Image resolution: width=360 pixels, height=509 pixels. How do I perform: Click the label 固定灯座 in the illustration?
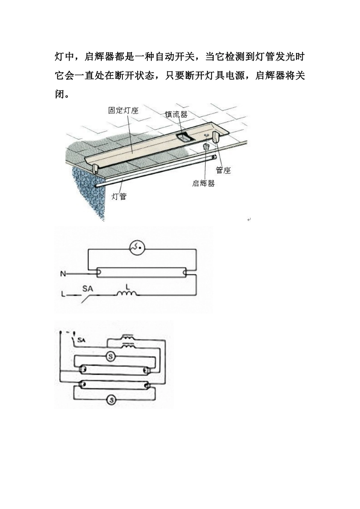(123, 111)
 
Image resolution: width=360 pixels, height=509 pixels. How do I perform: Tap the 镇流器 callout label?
(176, 114)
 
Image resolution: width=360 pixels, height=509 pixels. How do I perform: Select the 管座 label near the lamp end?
(223, 170)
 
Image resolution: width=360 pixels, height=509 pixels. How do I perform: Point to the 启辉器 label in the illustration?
(203, 183)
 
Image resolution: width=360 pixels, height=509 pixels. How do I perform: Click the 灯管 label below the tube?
(119, 197)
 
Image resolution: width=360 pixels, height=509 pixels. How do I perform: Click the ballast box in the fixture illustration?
(185, 137)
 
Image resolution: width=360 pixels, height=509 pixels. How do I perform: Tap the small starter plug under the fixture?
(207, 147)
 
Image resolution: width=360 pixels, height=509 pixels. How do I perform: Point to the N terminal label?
(63, 273)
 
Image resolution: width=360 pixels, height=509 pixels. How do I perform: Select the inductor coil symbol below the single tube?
(127, 293)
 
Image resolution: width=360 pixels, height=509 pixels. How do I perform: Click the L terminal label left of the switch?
(63, 294)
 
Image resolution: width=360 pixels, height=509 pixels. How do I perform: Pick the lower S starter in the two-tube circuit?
(111, 399)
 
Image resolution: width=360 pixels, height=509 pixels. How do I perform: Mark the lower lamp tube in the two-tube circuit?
(114, 384)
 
